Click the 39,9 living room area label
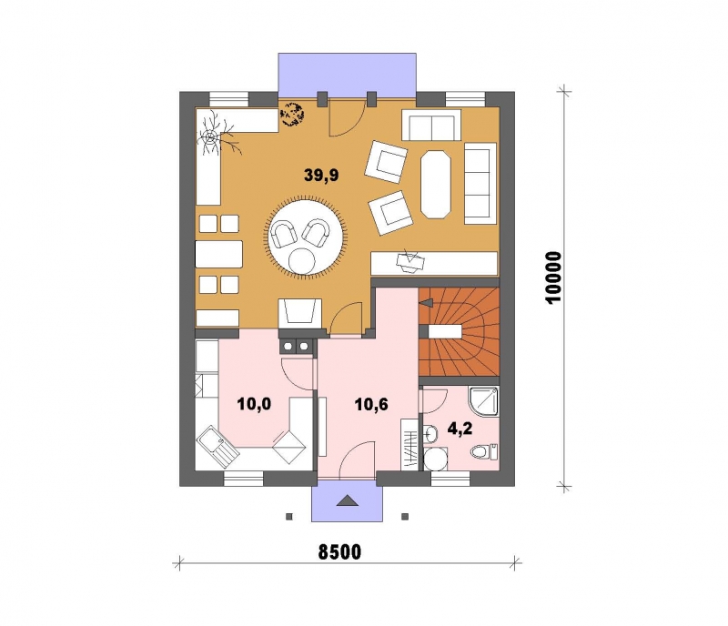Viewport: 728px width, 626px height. [321, 175]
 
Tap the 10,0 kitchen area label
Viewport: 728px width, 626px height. [254, 404]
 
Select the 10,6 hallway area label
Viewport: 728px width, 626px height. [371, 405]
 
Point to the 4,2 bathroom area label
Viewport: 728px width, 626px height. [460, 429]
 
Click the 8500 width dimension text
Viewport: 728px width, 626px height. [339, 552]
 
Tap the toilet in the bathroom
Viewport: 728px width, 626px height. [484, 451]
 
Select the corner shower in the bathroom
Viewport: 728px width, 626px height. [483, 401]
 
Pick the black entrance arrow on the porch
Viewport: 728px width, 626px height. [347, 500]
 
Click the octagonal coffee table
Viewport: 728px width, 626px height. [436, 184]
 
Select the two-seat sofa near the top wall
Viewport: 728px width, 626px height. [431, 125]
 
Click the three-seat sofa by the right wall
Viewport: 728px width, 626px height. [480, 184]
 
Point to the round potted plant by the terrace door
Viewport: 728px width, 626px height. [292, 115]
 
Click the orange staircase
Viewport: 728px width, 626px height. [459, 331]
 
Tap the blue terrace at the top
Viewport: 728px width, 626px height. [347, 75]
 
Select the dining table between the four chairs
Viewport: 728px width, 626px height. [219, 254]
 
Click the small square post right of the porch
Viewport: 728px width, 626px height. [405, 516]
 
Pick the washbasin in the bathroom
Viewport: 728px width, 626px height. [430, 434]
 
